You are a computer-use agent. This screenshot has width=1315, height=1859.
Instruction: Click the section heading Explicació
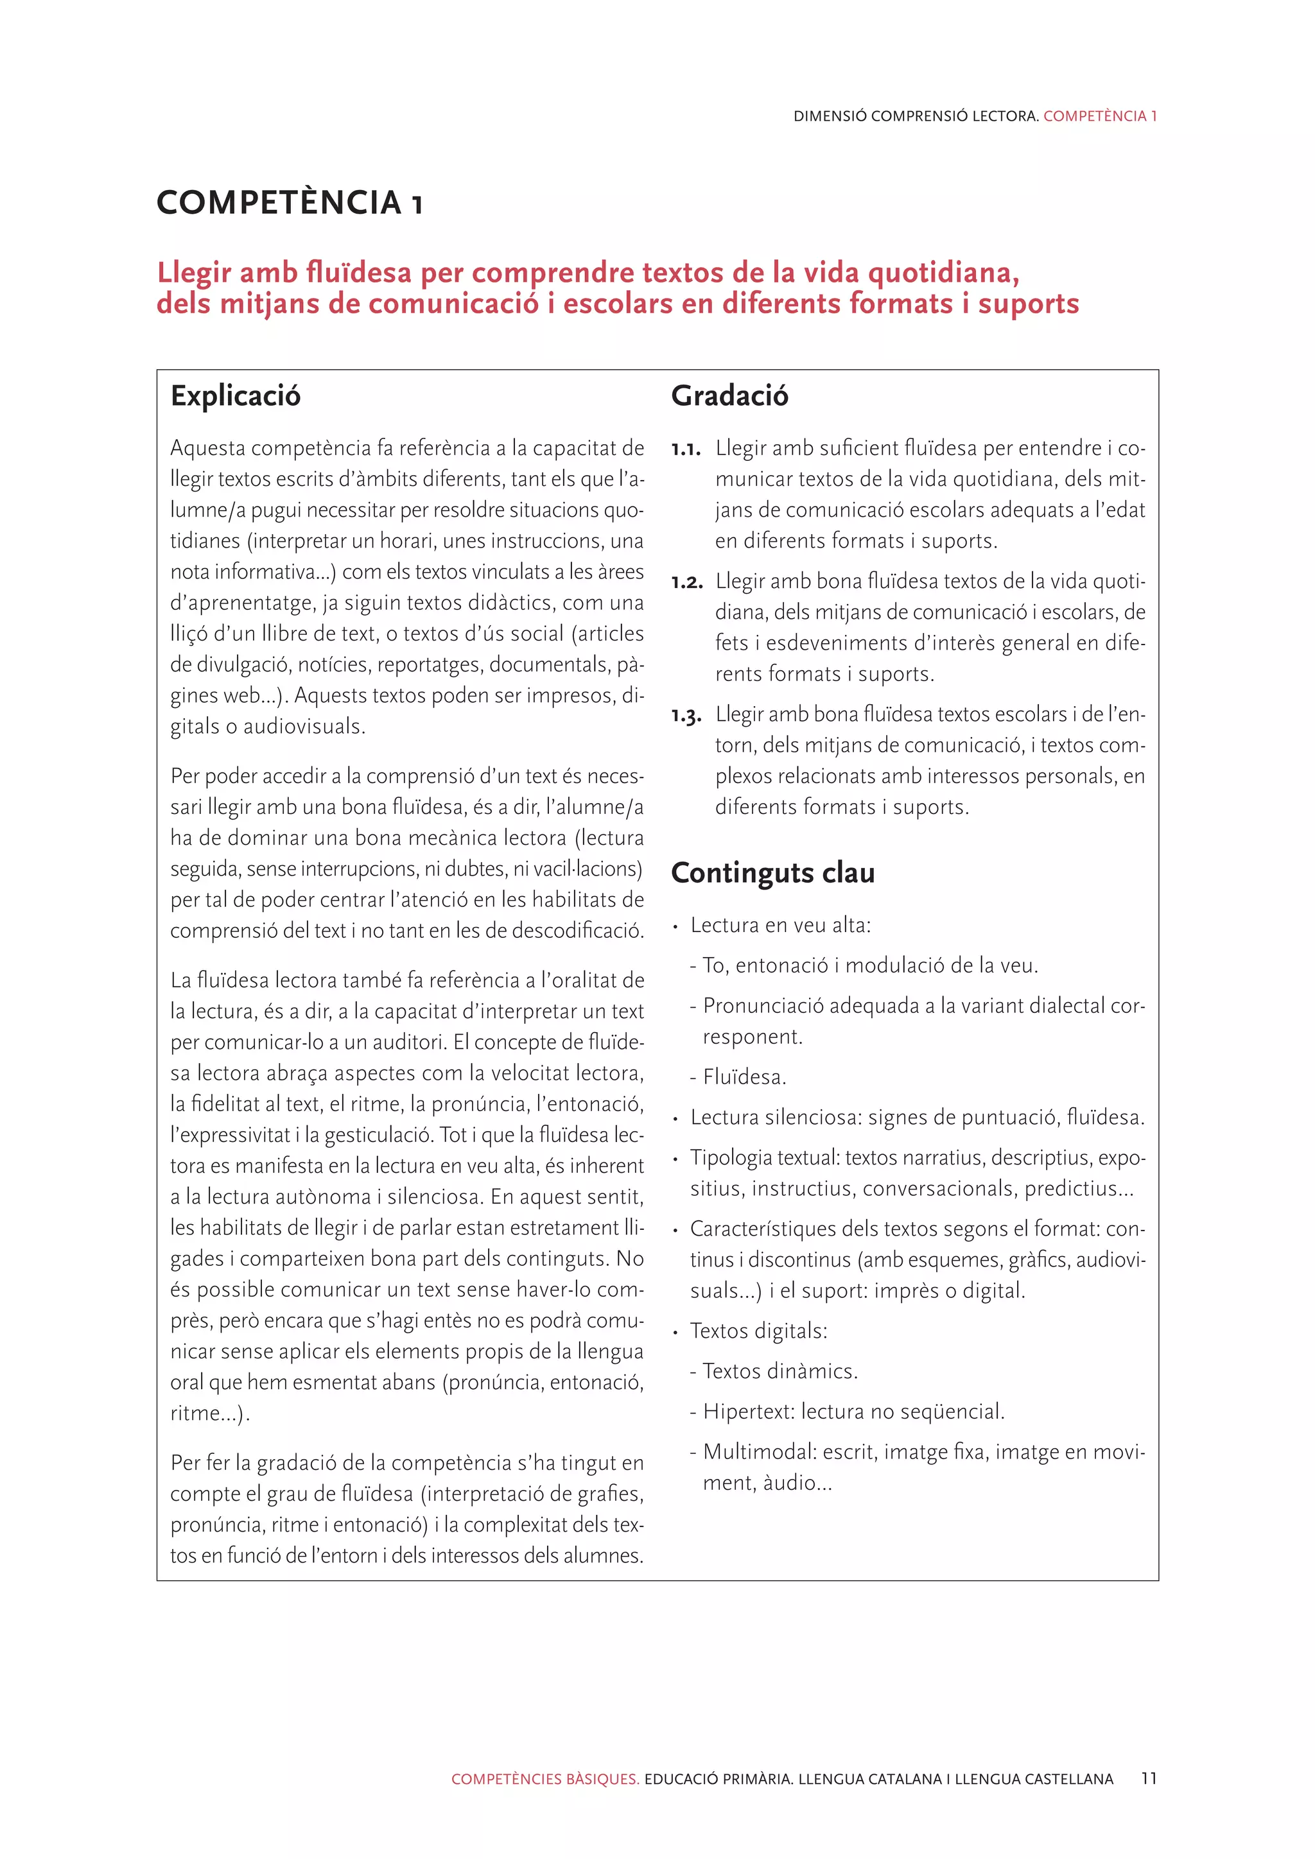pos(235,396)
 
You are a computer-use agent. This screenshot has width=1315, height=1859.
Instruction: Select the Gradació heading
pos(729,396)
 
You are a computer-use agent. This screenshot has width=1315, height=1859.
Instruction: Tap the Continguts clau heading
pos(772,873)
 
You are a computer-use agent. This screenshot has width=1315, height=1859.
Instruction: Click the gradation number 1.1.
pos(685,449)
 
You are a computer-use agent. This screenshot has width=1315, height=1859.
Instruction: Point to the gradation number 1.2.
pos(686,582)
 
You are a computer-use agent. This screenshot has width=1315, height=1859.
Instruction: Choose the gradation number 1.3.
pos(686,716)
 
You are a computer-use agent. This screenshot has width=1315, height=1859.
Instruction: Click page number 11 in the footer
pos(1148,1778)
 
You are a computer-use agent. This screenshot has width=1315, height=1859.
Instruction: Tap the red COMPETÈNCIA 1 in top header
pos(1100,116)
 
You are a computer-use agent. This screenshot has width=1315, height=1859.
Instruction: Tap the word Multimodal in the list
pos(760,1452)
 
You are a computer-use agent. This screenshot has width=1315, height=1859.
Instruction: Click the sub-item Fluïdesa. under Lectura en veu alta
pos(744,1077)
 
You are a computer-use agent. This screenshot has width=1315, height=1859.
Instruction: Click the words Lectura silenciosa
pos(775,1118)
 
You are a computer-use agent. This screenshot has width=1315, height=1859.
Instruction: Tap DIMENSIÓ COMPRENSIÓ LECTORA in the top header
pos(915,116)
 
